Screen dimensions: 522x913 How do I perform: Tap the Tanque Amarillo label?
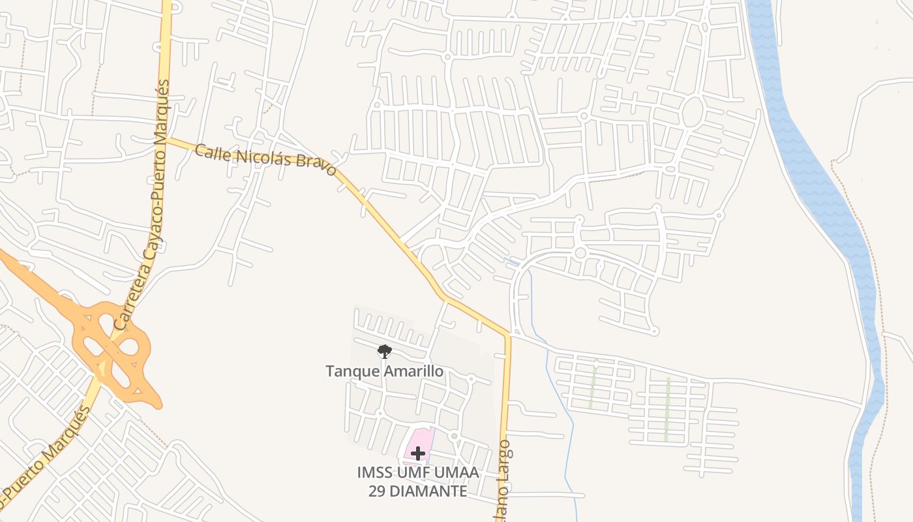385,372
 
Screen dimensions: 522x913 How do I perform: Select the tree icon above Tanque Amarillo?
385,352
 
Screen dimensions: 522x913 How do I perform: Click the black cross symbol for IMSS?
418,453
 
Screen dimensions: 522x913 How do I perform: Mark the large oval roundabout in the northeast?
692,112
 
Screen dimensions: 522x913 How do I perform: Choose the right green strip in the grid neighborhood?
667,408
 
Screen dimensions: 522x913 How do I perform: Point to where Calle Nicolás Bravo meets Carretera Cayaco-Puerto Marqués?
166,139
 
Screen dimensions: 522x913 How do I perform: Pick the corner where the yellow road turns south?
507,336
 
